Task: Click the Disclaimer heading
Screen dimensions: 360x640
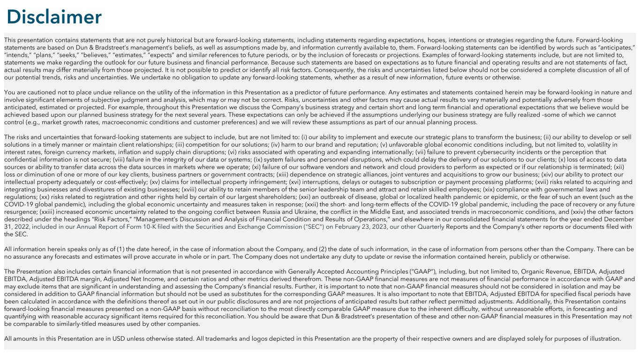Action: click(x=53, y=17)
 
